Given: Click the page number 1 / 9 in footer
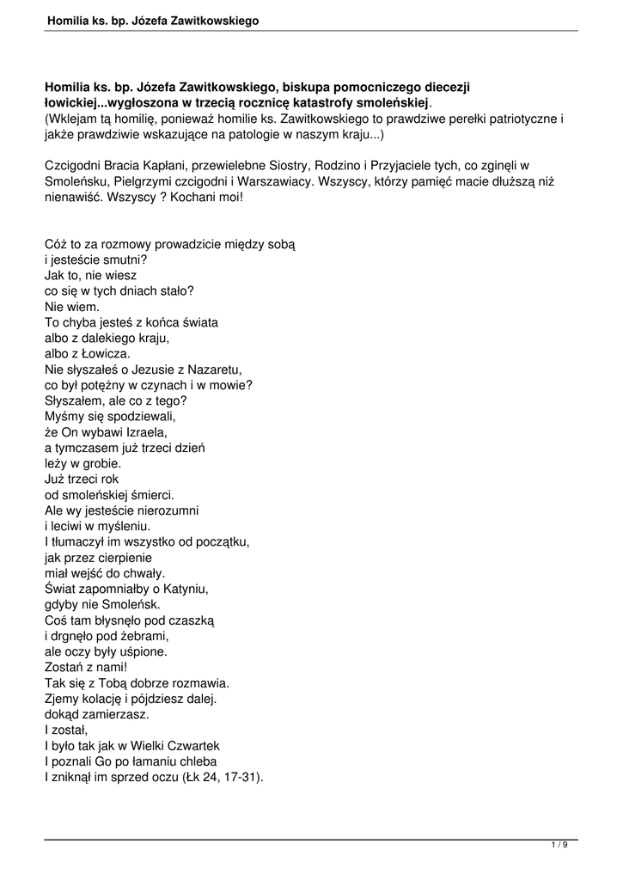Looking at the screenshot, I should point(559,846).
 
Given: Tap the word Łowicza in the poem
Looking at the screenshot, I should point(105,353).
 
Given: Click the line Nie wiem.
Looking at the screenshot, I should point(72,306).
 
